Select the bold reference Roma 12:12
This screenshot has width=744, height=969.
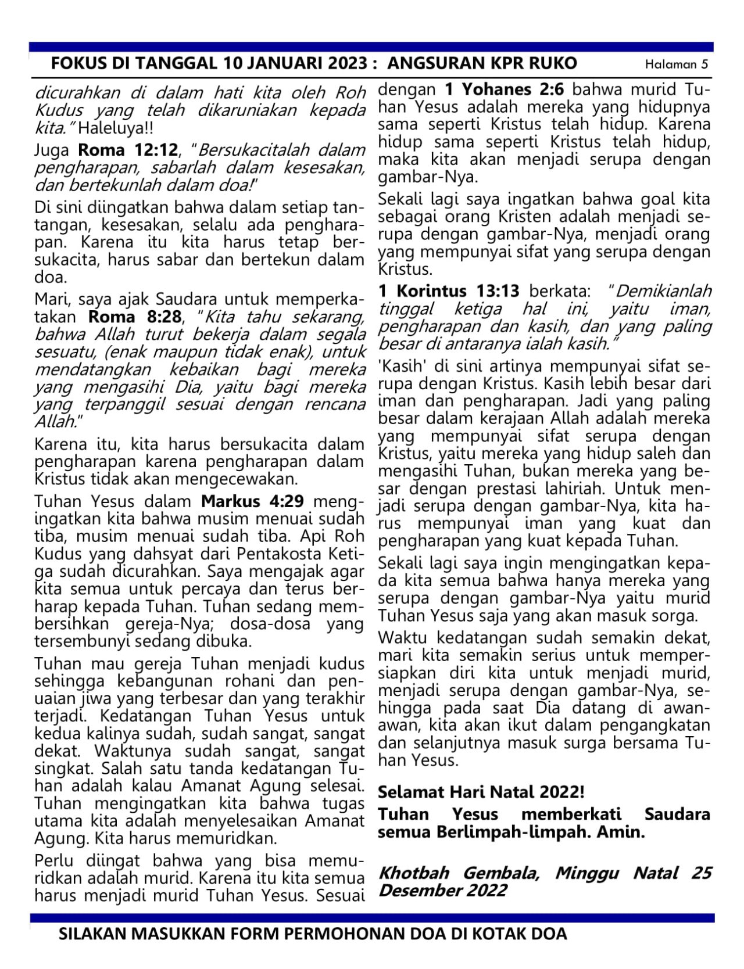pyautogui.click(x=128, y=150)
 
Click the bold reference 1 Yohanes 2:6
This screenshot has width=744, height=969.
pyautogui.click(x=506, y=90)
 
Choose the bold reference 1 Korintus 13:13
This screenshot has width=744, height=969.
pyautogui.click(x=449, y=290)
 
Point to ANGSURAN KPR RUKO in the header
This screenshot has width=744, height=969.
pyautogui.click(x=482, y=63)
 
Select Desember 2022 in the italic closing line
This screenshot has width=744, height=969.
pyautogui.click(x=442, y=891)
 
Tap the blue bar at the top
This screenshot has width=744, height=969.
pyautogui.click(x=372, y=47)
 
